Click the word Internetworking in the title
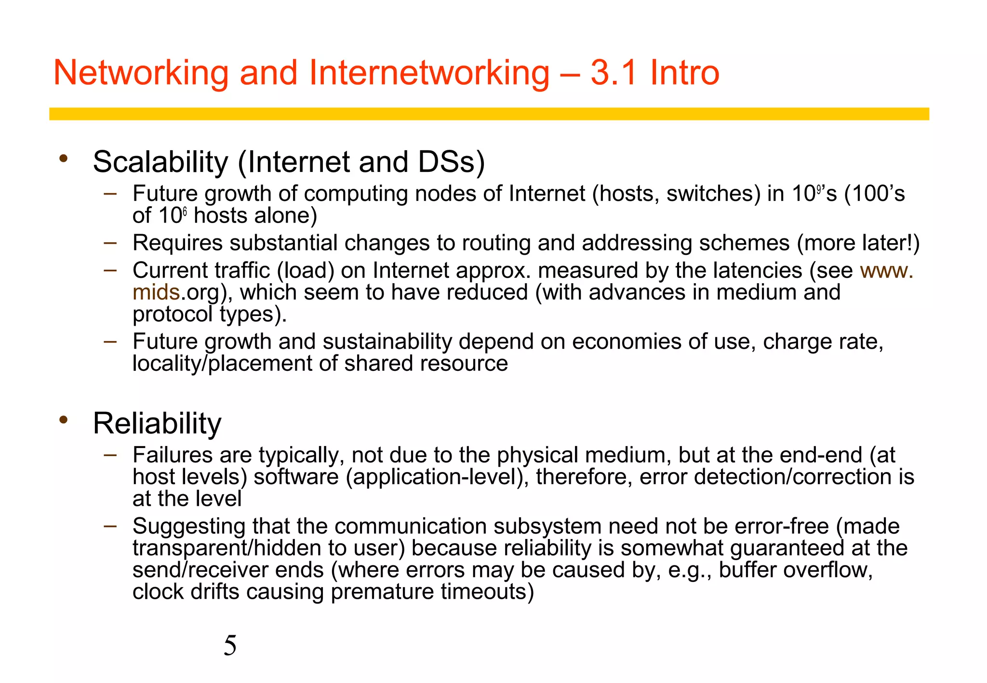point(428,73)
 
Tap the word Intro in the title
point(685,73)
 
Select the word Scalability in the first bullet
point(160,162)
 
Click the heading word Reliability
point(157,423)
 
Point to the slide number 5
point(230,645)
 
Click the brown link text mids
point(156,292)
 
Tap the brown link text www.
point(886,271)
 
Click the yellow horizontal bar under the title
point(489,114)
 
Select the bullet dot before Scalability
point(64,158)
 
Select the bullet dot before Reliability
point(64,420)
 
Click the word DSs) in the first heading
point(451,162)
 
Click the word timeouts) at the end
point(487,591)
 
